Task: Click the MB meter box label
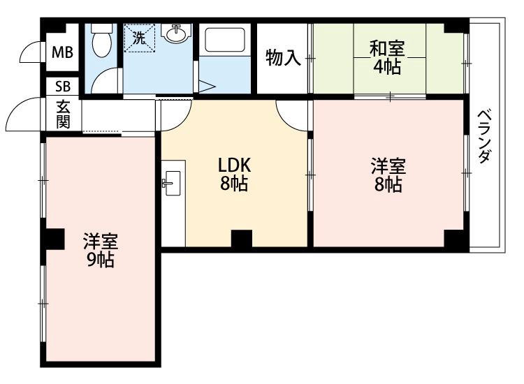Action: [62, 52]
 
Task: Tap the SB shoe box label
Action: [63, 87]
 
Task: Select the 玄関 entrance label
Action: [63, 115]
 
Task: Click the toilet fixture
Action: [101, 40]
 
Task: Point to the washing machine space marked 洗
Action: [140, 38]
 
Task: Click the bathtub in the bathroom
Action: [224, 40]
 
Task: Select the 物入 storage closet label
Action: [283, 58]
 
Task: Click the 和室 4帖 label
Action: [386, 57]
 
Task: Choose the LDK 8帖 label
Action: [233, 175]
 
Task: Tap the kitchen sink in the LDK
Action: [172, 183]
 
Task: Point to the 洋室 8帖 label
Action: [388, 176]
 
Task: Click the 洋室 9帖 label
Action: [100, 251]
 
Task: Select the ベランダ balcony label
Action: [484, 136]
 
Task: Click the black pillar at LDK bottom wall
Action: [242, 238]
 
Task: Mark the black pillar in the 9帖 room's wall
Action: [54, 239]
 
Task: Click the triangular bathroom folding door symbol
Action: [207, 87]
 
